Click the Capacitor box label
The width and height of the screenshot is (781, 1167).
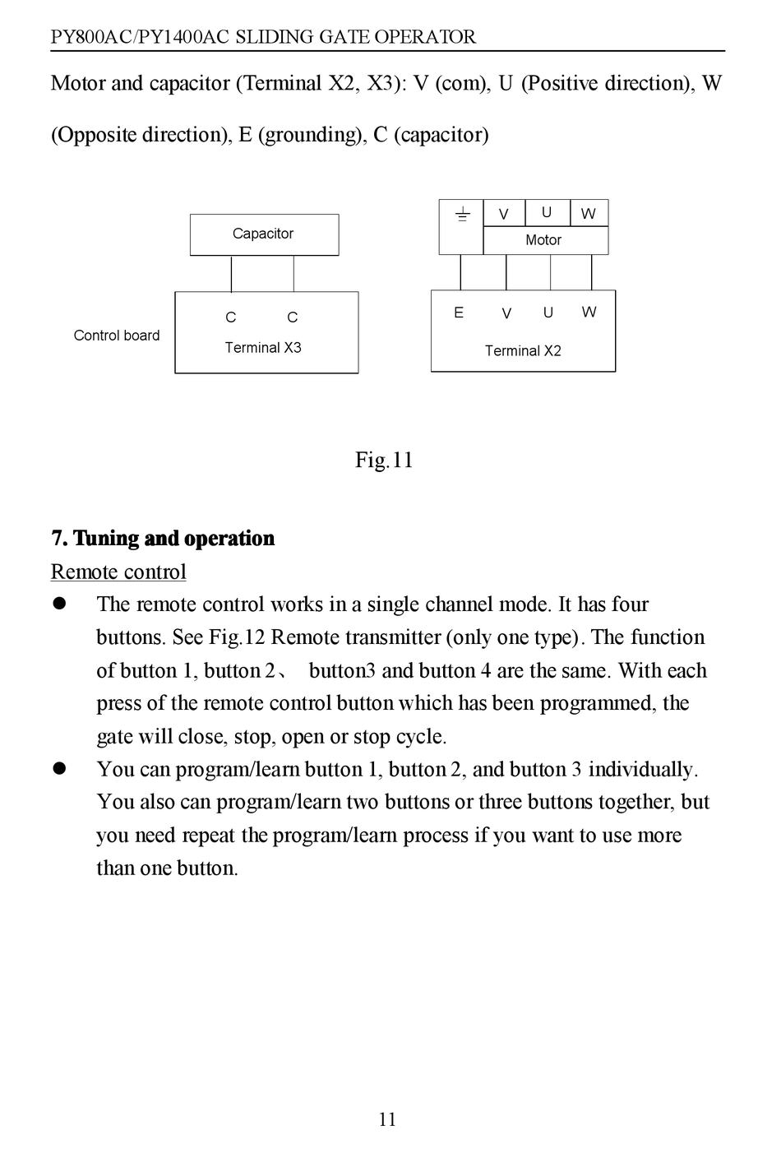coord(263,234)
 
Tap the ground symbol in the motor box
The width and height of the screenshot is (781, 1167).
coord(463,215)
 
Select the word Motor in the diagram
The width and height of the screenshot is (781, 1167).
coord(543,240)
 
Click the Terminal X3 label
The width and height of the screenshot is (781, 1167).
coord(263,348)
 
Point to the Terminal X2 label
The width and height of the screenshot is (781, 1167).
coord(523,351)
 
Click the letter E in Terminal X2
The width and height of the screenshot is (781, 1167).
coord(459,313)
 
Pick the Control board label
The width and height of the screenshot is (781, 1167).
coord(117,336)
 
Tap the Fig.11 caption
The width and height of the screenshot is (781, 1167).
coord(384,460)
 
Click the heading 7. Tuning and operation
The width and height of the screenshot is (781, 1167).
coord(163,539)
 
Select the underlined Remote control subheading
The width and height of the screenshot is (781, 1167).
coord(118,572)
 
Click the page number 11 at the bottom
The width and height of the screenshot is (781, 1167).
coord(387,1119)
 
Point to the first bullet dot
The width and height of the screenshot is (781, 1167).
coord(59,604)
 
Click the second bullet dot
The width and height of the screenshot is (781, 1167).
coord(59,769)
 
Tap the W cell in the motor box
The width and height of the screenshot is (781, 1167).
coord(589,214)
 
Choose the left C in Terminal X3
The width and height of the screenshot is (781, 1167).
coord(231,317)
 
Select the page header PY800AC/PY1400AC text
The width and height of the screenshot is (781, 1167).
coord(263,37)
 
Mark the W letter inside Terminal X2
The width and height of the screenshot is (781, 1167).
coord(589,312)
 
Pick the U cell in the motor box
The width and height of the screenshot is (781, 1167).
coord(547,212)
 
